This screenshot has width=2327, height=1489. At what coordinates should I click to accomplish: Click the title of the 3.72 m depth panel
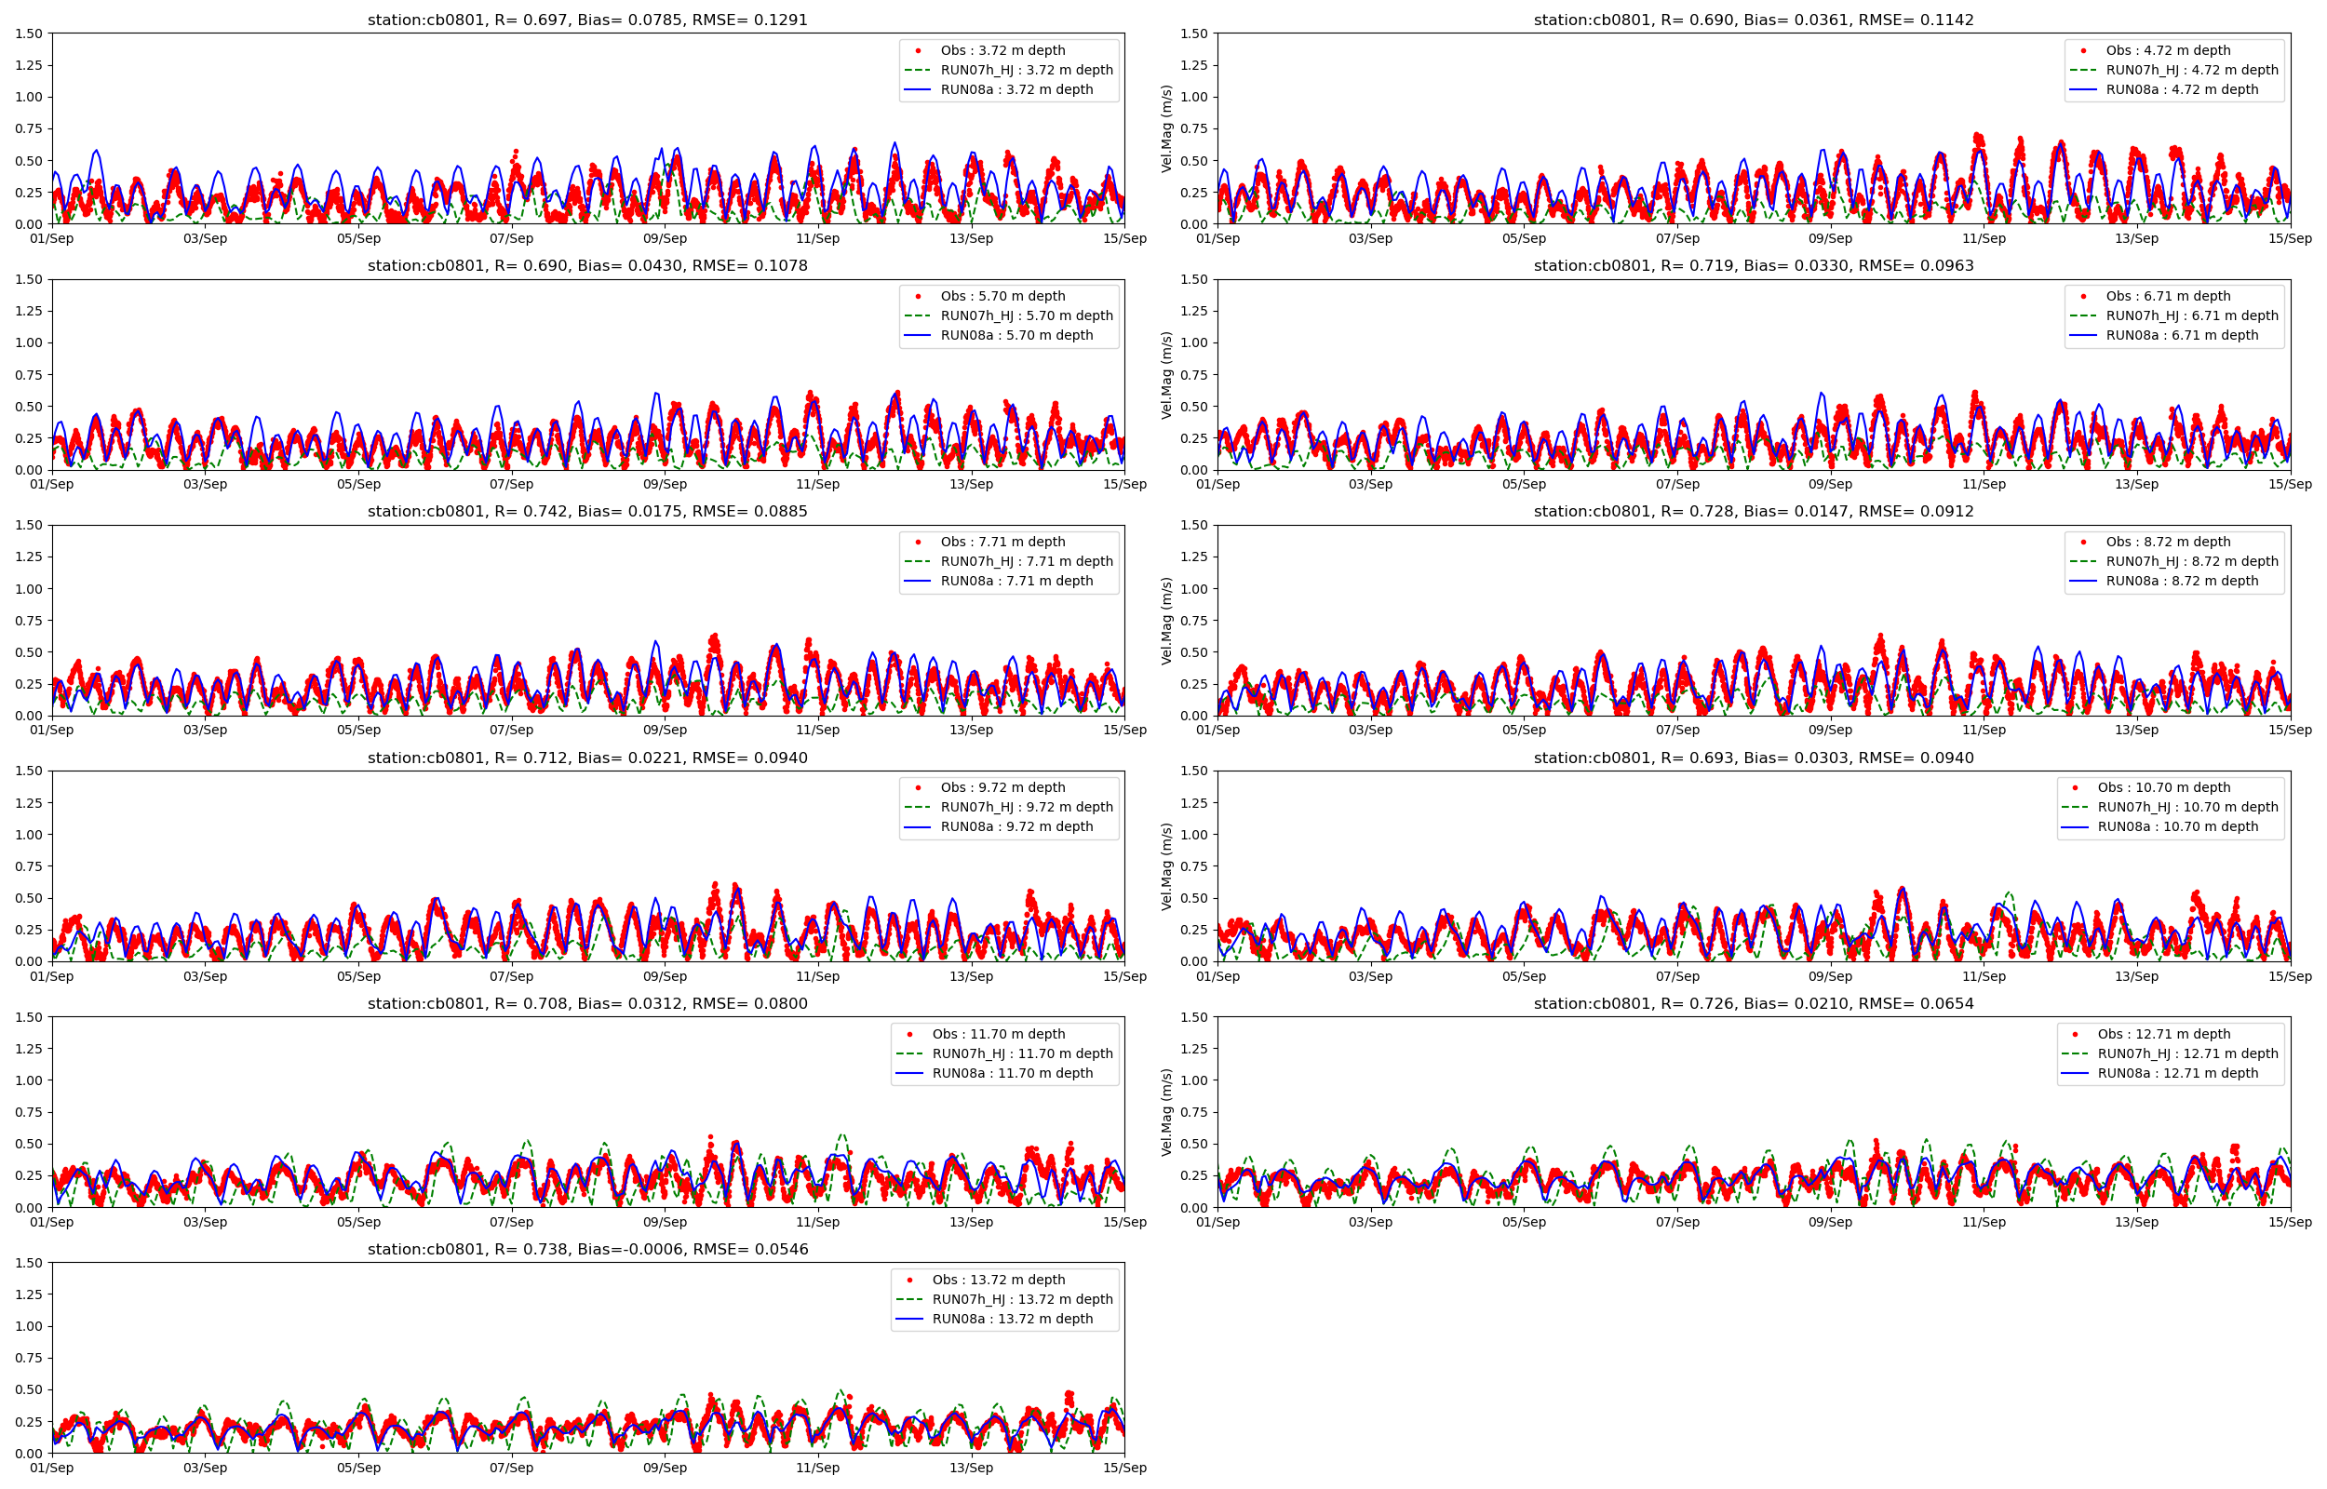[x=586, y=20]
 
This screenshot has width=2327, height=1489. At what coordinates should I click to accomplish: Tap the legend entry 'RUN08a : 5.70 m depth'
[x=1016, y=336]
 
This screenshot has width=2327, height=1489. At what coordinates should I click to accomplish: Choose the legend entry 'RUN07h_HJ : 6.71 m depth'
[x=2192, y=315]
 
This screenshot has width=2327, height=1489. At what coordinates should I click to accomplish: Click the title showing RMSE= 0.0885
[x=586, y=512]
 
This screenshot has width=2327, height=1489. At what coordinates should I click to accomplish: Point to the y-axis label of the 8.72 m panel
[x=1167, y=621]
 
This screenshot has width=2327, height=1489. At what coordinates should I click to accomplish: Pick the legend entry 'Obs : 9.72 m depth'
[x=1002, y=788]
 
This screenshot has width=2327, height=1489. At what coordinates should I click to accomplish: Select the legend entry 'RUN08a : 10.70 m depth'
[x=2177, y=826]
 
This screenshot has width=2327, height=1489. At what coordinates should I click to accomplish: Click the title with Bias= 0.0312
[x=586, y=1003]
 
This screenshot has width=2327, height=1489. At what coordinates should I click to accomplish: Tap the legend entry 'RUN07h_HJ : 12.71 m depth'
[x=2186, y=1053]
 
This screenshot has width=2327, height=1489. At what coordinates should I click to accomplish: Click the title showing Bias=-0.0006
[x=586, y=1249]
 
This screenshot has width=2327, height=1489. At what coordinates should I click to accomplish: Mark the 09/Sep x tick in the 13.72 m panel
[x=665, y=1468]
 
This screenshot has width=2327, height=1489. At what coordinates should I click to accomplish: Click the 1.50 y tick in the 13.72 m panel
[x=29, y=1263]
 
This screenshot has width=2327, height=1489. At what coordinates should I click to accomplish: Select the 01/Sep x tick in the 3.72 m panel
[x=52, y=239]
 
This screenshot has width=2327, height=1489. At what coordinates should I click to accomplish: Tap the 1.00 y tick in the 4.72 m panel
[x=1194, y=97]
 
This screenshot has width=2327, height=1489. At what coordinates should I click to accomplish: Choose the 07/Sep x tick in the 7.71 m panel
[x=510, y=730]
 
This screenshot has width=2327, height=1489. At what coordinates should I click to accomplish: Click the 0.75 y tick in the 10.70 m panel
[x=1194, y=866]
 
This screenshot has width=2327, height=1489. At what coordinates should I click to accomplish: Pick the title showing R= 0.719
[x=1753, y=266]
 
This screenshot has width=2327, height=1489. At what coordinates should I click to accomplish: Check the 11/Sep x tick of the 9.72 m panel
[x=817, y=976]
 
